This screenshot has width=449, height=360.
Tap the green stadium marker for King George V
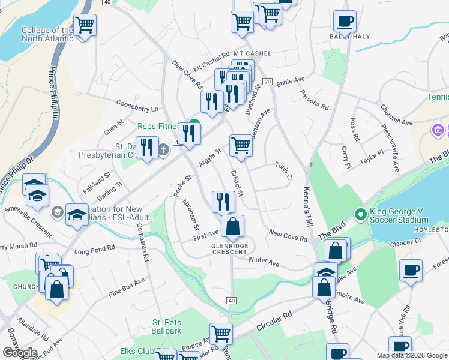pyautogui.click(x=360, y=213)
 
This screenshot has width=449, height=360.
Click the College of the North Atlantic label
pyautogui.click(x=47, y=35)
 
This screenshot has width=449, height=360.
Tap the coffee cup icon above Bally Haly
pyautogui.click(x=345, y=22)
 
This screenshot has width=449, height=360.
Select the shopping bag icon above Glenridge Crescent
pyautogui.click(x=232, y=227)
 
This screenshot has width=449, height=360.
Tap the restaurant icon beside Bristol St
pyautogui.click(x=223, y=201)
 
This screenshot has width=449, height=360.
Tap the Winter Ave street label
pyautogui.click(x=264, y=263)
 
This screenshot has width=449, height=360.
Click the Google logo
pyautogui.click(x=20, y=353)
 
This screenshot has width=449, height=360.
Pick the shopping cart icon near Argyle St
pyautogui.click(x=241, y=145)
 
